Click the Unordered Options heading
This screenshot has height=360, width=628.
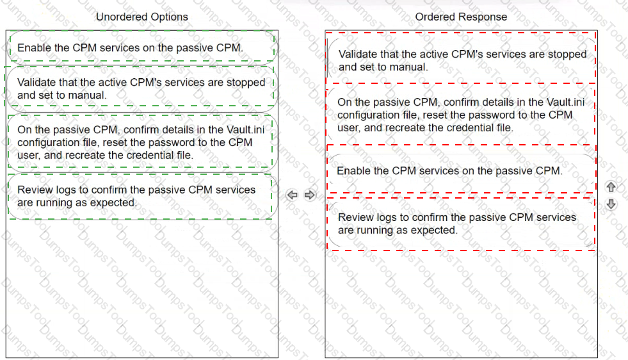pyautogui.click(x=141, y=17)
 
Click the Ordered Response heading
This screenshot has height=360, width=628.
pyautogui.click(x=461, y=17)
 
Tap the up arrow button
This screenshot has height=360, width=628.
pyautogui.click(x=611, y=187)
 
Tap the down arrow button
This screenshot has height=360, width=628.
pyautogui.click(x=611, y=204)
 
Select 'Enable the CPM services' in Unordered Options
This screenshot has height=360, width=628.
pyautogui.click(x=141, y=47)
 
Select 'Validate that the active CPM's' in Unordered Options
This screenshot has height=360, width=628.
pyautogui.click(x=141, y=88)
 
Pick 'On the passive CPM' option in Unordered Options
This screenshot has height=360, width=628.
pyautogui.click(x=141, y=142)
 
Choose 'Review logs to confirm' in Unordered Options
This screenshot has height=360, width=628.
pyautogui.click(x=141, y=196)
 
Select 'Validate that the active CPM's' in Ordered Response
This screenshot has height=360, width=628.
pyautogui.click(x=462, y=61)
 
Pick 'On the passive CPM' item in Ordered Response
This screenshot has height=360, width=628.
pyautogui.click(x=462, y=115)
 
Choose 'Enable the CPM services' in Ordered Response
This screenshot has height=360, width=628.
pyautogui.click(x=462, y=171)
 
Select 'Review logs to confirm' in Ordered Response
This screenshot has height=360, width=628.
pyautogui.click(x=462, y=224)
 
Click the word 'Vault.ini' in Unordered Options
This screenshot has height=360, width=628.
pyautogui.click(x=246, y=130)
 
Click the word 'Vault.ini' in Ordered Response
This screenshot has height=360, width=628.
pyautogui.click(x=565, y=102)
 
